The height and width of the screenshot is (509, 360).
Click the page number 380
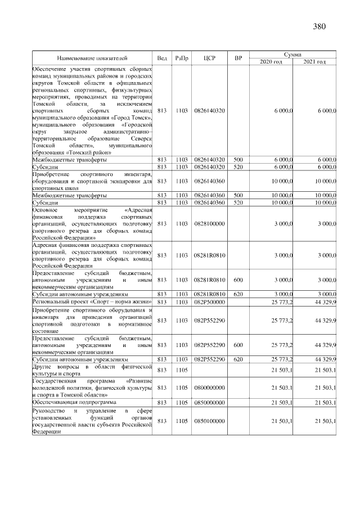[x=319, y=26]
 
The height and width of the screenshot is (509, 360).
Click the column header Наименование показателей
[x=92, y=58]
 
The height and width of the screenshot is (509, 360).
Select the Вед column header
[x=162, y=58]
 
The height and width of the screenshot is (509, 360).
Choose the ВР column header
[x=238, y=58]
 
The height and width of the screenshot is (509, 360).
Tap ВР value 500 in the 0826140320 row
[x=238, y=160]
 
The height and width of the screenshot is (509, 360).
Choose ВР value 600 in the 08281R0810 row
[x=238, y=280]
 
